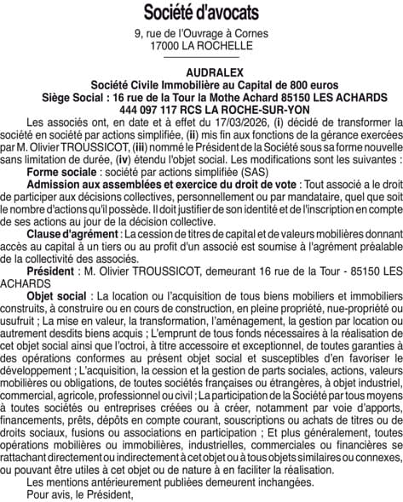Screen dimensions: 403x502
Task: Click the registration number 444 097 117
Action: (x=149, y=110)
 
